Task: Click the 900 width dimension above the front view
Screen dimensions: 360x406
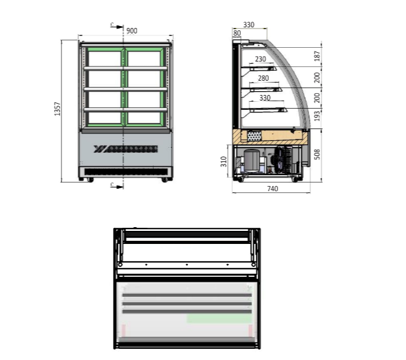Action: (x=132, y=30)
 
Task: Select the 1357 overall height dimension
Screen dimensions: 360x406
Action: (x=58, y=110)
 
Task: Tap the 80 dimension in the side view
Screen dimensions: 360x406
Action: (x=237, y=33)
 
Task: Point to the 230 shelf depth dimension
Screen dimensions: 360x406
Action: (x=260, y=59)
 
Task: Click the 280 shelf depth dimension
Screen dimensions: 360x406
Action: (x=263, y=78)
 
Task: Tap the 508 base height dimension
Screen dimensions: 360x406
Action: (x=317, y=154)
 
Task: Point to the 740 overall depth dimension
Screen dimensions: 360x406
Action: (x=272, y=189)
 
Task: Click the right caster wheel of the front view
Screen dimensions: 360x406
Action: (x=165, y=180)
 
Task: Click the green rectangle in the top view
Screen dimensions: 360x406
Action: (x=219, y=318)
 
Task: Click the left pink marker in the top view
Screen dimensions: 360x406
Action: (x=123, y=330)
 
